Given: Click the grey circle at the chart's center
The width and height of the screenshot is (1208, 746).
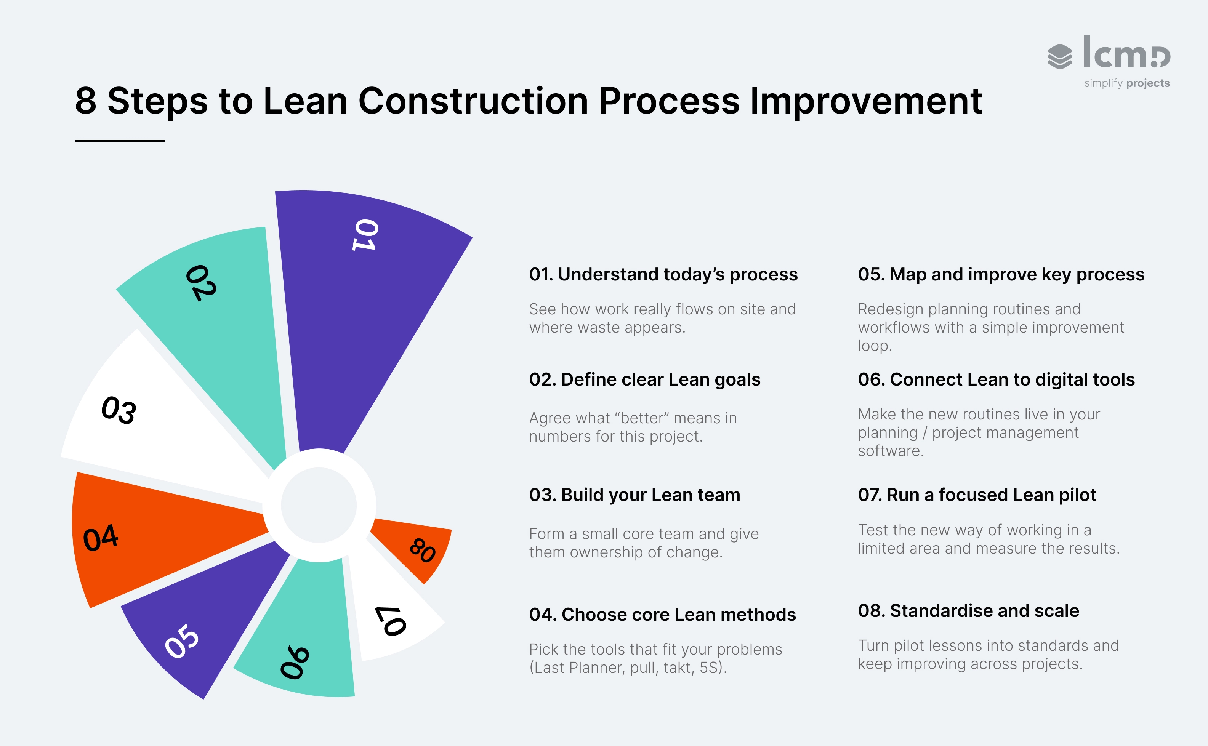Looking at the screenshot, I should [319, 505].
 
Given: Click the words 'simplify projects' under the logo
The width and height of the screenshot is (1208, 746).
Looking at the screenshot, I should [1126, 83].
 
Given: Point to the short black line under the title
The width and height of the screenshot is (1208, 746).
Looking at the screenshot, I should [119, 141].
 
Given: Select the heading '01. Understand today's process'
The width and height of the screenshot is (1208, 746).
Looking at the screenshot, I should [663, 274].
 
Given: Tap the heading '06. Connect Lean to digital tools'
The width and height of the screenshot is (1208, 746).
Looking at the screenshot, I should [996, 379].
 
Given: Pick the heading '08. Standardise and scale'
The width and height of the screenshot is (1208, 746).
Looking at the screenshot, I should [968, 611].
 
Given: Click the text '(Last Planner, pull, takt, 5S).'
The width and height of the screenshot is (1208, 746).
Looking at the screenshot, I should [628, 668].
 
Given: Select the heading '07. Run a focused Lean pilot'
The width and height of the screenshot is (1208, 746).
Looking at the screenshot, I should [977, 495].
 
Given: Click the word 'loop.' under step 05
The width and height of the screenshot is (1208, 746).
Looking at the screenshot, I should [875, 346].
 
